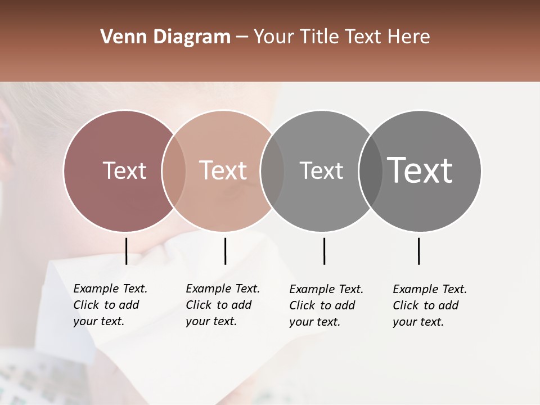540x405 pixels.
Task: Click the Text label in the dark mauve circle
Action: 124,170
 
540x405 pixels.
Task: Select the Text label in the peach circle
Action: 223,170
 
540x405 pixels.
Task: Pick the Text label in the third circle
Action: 321,170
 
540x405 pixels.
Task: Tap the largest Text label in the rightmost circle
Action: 420,170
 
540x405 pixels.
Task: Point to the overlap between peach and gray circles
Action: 272,170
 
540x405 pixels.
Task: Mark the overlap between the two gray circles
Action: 371,170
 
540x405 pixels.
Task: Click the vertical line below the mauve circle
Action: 126,251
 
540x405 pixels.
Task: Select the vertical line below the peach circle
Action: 225,251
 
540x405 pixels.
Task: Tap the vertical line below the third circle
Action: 324,251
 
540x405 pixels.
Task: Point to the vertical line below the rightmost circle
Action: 418,251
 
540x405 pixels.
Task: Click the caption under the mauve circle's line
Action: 110,305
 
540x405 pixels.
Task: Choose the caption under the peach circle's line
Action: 223,305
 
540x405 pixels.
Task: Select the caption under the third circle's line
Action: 326,305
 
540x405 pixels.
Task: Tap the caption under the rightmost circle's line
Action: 430,305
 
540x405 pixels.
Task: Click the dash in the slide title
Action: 242,37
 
